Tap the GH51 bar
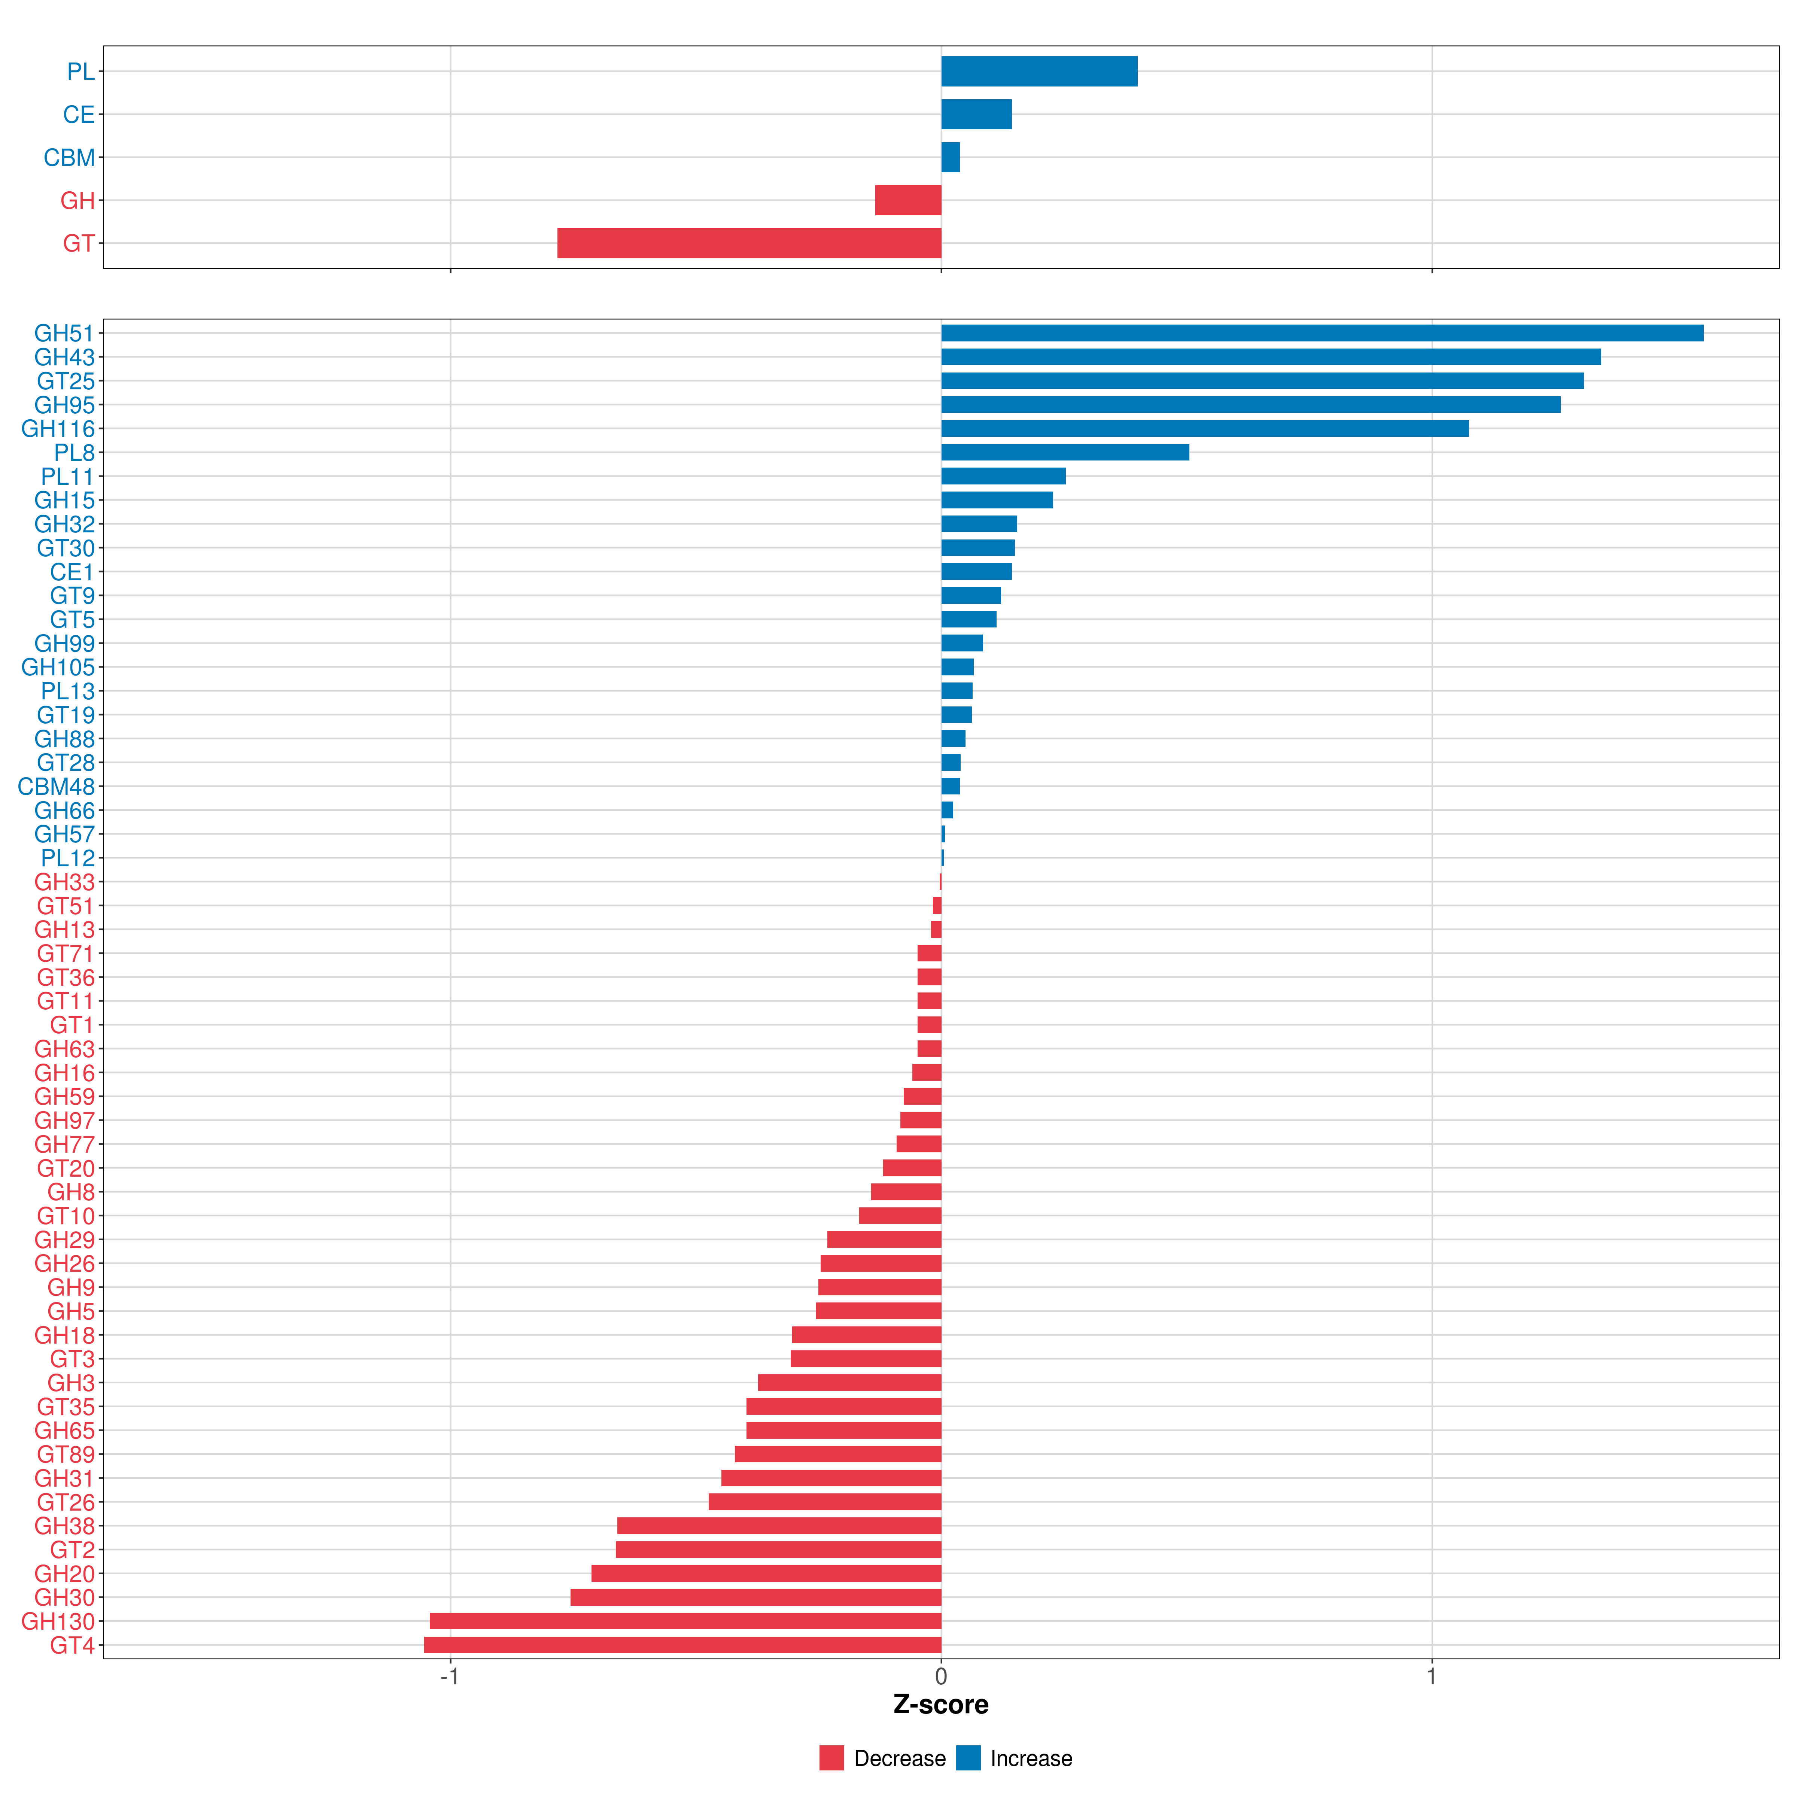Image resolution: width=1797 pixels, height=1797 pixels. tap(1323, 333)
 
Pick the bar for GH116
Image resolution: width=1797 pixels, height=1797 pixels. tap(1204, 428)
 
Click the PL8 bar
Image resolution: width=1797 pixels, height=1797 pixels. tap(1065, 452)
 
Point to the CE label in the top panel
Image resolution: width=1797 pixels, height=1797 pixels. tap(79, 115)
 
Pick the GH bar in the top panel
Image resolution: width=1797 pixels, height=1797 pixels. tap(908, 200)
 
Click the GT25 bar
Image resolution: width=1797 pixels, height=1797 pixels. tap(1262, 380)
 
